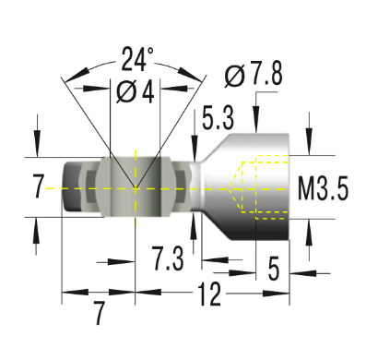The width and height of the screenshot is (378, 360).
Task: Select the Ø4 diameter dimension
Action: tap(136, 92)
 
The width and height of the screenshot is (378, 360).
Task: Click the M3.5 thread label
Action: tap(324, 190)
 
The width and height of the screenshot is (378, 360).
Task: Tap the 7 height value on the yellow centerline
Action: tap(38, 188)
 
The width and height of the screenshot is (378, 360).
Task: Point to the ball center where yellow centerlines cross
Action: tap(136, 188)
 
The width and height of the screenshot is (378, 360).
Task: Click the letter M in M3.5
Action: tap(307, 190)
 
